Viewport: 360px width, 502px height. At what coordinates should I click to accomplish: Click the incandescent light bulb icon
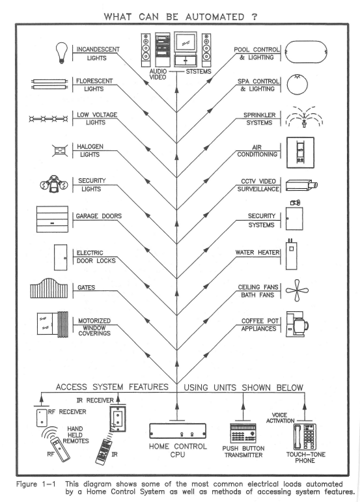[x=62, y=53]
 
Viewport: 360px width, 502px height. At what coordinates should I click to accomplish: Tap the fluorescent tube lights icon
[x=49, y=84]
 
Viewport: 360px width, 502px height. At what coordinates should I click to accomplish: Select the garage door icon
[x=52, y=219]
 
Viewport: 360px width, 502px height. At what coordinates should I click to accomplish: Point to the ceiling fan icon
[x=297, y=290]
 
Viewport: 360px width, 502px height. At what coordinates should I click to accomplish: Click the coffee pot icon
[x=297, y=324]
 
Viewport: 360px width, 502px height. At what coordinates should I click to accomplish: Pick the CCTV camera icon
[x=301, y=185]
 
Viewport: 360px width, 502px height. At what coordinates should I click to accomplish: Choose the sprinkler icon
[x=304, y=117]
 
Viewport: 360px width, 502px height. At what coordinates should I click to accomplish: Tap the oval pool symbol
[x=306, y=52]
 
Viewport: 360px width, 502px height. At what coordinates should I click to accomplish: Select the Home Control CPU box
[x=178, y=430]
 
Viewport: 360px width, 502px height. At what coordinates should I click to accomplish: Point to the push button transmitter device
[x=243, y=433]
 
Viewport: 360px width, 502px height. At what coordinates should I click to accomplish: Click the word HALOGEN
[x=90, y=146]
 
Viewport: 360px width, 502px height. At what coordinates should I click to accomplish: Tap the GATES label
[x=86, y=288]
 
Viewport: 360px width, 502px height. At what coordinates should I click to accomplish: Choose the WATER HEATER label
[x=257, y=252]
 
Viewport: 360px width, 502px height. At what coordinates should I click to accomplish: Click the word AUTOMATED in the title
[x=215, y=17]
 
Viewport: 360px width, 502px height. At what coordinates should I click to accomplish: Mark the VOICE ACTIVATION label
[x=281, y=418]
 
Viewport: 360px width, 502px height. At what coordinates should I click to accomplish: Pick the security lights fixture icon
[x=54, y=184]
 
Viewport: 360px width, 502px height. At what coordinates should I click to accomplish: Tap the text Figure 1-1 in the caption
[x=36, y=484]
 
